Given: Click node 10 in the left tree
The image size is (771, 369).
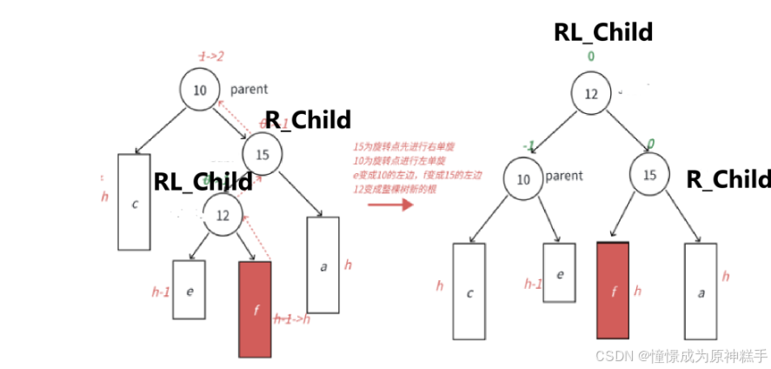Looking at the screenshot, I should [201, 91].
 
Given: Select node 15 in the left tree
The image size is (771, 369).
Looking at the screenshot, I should [263, 155].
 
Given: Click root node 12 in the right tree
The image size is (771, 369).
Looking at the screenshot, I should [591, 94].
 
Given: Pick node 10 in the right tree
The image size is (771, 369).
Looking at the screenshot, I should [523, 179].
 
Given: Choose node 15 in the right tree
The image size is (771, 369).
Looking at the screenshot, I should [649, 175].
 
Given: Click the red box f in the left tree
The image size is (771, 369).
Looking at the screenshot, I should [255, 309].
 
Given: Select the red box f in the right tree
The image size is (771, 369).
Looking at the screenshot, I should [613, 290].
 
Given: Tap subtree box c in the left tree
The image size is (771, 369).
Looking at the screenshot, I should [134, 202].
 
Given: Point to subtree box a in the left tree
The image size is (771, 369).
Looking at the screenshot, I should [322, 265].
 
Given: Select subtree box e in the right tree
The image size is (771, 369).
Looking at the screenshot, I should [560, 272].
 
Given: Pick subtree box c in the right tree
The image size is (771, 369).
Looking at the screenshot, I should [469, 291].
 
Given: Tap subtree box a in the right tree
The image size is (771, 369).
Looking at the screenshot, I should [701, 291].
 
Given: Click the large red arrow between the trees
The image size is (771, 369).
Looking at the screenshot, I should [389, 205].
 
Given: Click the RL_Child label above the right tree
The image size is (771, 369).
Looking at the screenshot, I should [603, 32].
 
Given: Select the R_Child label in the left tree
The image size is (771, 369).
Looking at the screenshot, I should [309, 119].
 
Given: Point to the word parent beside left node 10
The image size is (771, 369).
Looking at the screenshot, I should [249, 89].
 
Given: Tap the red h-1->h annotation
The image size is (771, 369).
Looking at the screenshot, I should [292, 319].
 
